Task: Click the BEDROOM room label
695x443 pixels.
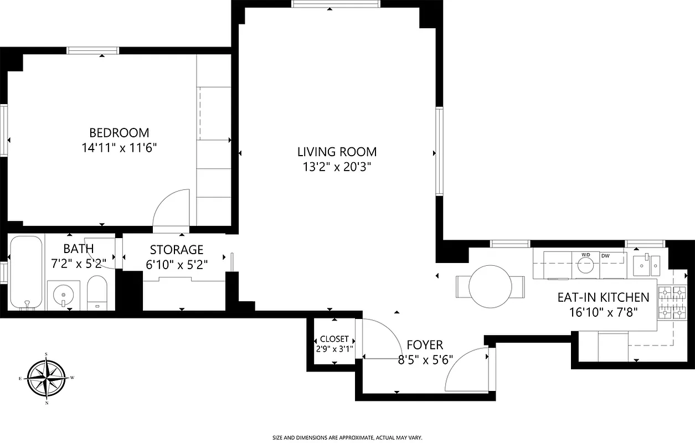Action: point(119,133)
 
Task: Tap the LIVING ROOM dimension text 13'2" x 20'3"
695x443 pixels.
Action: point(337,167)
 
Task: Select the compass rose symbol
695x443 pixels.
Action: point(47,378)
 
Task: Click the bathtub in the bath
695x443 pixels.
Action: point(26,272)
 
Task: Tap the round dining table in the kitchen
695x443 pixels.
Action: point(490,286)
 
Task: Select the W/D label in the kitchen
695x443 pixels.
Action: point(585,255)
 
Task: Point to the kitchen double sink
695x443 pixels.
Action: point(646,265)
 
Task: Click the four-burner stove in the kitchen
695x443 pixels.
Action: point(671,303)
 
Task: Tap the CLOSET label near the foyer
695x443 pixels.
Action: point(334,339)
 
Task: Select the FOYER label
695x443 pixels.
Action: point(425,346)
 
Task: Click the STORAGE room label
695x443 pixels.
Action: point(177,250)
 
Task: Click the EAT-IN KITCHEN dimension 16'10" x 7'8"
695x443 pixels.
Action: point(604,312)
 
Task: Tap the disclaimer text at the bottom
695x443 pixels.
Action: point(347,437)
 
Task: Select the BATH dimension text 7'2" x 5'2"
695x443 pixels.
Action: point(78,264)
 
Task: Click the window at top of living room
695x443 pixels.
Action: point(336,4)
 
